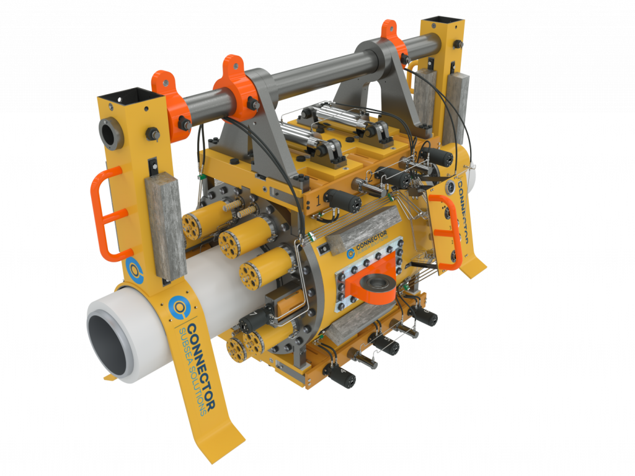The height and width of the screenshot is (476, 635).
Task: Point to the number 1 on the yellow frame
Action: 318,200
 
